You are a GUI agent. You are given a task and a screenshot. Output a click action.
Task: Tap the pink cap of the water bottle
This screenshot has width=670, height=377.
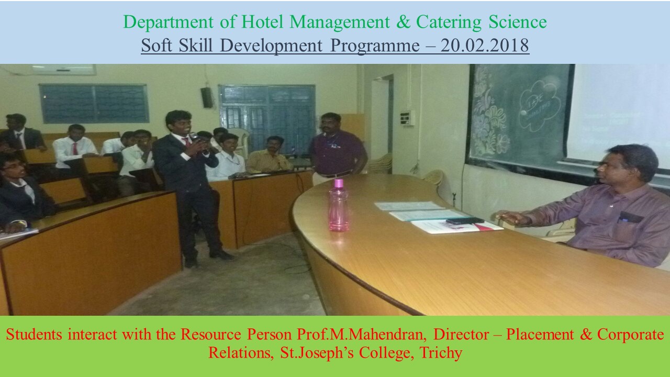point(338,183)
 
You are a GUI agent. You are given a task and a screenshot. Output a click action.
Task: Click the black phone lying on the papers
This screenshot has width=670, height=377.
point(465,220)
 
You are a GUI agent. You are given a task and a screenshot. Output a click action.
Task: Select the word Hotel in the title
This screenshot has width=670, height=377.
point(262,21)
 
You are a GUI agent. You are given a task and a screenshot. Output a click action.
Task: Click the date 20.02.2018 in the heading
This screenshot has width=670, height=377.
point(485,45)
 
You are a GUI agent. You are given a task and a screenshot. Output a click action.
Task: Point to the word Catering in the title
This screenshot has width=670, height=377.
point(449,22)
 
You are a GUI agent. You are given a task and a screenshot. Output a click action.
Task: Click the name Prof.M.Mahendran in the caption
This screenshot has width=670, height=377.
point(362,334)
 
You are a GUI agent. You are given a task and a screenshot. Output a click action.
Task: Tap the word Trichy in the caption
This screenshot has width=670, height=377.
point(441,353)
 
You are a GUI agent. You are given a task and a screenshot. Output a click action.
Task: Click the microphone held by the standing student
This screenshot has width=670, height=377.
point(195,137)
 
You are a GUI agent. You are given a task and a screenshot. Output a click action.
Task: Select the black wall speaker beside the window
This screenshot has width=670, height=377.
point(207,97)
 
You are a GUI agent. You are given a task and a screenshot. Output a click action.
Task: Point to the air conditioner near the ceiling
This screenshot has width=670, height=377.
point(64,70)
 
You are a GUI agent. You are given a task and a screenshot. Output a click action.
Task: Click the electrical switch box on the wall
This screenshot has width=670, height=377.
point(407,118)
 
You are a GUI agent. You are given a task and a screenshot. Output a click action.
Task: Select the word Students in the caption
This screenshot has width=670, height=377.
point(34,334)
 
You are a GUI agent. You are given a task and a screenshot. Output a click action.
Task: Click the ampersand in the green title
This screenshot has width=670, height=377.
point(403,22)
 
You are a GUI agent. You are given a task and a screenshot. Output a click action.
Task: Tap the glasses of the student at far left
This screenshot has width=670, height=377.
point(13,166)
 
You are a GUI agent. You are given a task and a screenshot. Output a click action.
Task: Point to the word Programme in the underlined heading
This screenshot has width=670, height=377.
point(375,46)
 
